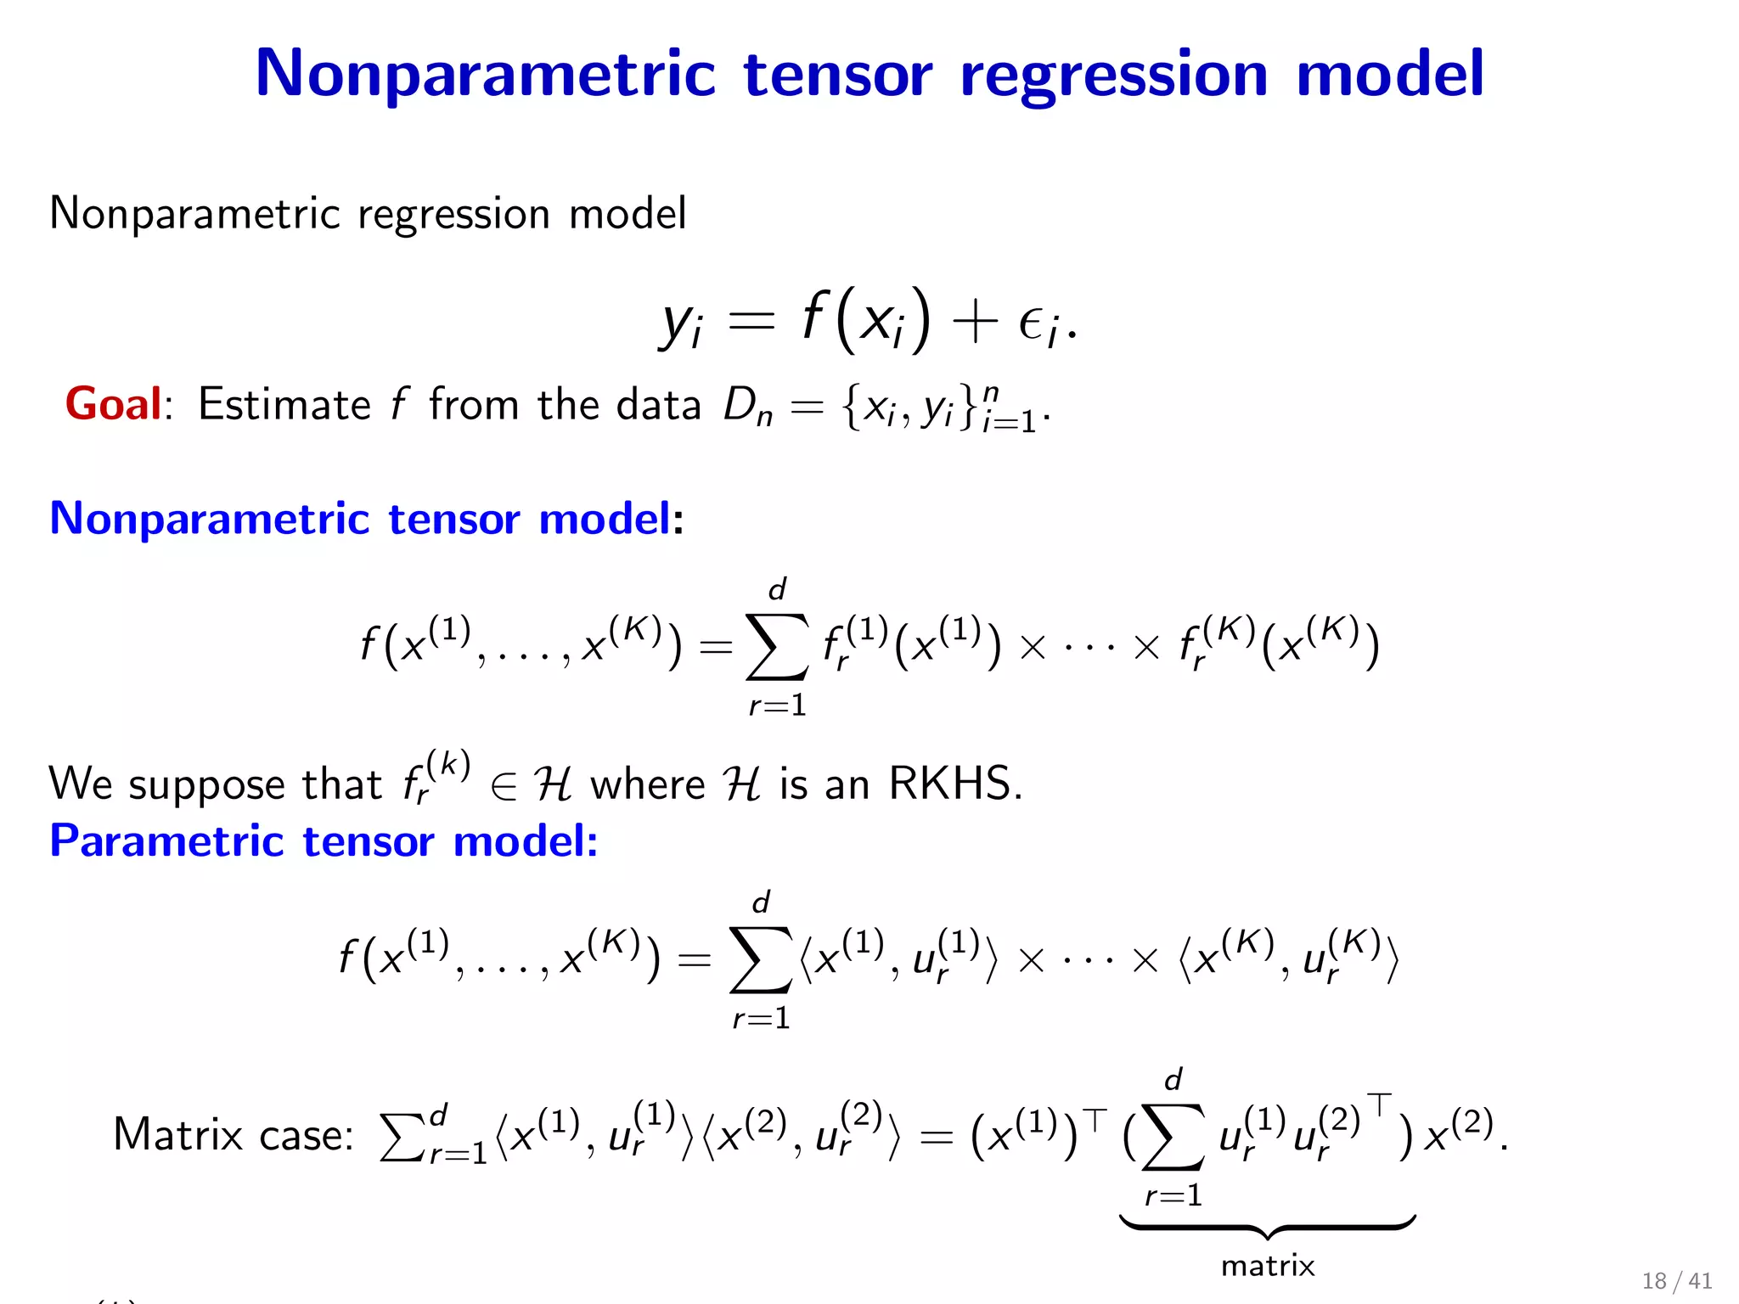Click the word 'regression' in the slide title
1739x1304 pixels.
(1114, 75)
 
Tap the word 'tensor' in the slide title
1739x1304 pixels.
(837, 75)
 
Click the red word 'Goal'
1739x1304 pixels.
(113, 404)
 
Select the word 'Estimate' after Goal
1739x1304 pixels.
(284, 404)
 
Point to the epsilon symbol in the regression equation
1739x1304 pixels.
(1032, 324)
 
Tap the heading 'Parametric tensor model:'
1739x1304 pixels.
(324, 841)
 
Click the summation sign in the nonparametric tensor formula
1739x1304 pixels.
(776, 647)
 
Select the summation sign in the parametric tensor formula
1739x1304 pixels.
(760, 960)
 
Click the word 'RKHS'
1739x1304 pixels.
(954, 783)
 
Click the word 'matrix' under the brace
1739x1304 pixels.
(1267, 1267)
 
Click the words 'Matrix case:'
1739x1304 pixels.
(233, 1135)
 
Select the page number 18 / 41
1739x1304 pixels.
(1676, 1281)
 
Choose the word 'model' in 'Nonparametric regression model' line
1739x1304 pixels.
(627, 213)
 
